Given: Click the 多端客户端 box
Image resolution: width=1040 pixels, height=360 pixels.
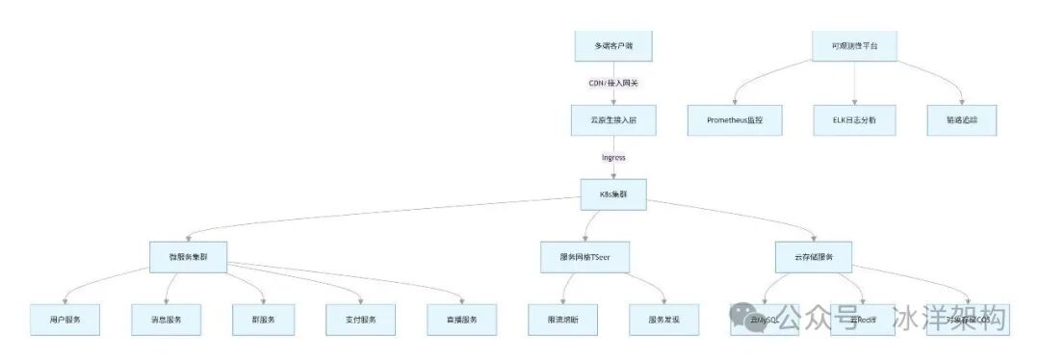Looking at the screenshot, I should (x=613, y=45).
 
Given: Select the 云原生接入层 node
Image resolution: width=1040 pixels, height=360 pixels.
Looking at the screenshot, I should (x=613, y=119).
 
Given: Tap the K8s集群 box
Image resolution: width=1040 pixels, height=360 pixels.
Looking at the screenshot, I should (x=613, y=193).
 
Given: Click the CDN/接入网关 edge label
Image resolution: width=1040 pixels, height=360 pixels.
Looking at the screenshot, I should (x=613, y=83).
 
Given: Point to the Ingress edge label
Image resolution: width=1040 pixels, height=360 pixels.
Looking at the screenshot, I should (x=613, y=157).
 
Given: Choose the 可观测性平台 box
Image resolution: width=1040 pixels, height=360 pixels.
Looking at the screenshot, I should (x=854, y=45).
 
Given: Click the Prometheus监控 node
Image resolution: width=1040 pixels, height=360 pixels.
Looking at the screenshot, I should (x=735, y=119).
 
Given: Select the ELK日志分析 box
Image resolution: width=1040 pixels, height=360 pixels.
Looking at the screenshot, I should (x=854, y=119).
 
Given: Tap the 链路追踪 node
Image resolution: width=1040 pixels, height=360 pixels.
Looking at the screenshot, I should (x=962, y=119).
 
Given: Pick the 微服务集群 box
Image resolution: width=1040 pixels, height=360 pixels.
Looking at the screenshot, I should (x=189, y=256).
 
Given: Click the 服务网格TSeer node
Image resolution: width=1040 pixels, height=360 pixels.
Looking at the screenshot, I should (x=586, y=256).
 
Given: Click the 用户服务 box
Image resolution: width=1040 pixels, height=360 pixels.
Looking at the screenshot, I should (x=65, y=319).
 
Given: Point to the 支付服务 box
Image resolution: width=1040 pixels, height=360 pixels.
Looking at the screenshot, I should (x=361, y=319).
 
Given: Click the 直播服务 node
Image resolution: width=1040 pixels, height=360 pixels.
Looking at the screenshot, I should (x=462, y=319).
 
